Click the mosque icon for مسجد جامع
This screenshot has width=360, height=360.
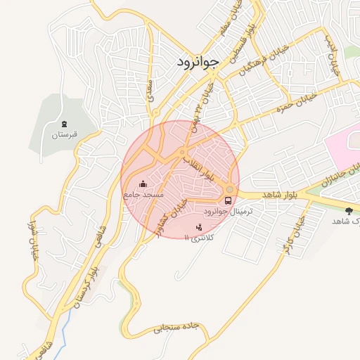coord(144,185)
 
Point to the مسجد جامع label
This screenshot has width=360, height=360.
coord(145,194)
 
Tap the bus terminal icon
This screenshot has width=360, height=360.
coord(226,200)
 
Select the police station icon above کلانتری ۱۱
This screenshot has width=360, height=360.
coord(199,226)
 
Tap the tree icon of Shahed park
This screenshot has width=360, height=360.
coord(349,210)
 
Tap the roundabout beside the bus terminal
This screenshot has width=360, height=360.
coord(230,189)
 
